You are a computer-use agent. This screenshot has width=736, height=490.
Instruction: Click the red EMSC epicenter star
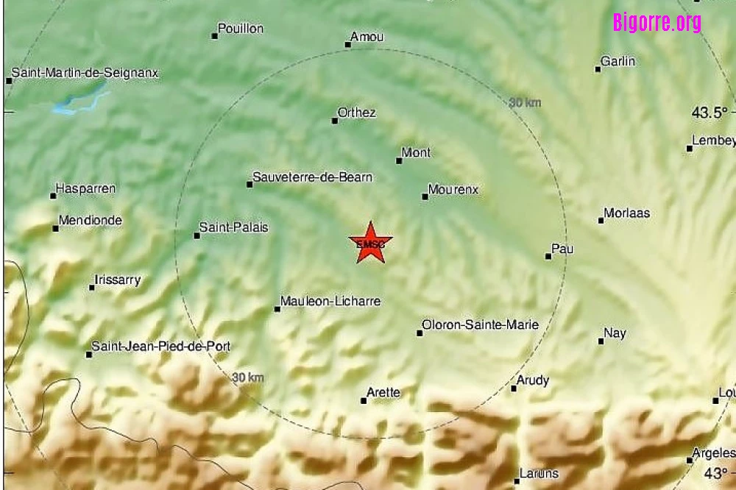pos(370,243)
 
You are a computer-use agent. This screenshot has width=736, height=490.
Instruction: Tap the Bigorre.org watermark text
pos(657,23)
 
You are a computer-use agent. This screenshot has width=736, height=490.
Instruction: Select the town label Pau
pos(562,249)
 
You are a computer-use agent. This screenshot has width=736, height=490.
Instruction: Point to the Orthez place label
pos(356,113)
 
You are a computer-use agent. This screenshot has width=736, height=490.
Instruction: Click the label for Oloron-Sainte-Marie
pos(480,324)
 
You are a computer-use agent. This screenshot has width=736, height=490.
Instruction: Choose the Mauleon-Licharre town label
pos(331,301)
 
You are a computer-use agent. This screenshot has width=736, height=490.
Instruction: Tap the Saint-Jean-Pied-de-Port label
pos(160,347)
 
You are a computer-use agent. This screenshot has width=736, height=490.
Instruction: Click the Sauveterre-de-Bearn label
pos(312,177)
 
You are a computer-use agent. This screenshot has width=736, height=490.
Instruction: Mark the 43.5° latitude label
pos(710,113)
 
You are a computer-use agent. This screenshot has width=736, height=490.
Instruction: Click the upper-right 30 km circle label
pos(525,103)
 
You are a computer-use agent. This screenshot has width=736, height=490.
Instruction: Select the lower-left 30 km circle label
pos(248,377)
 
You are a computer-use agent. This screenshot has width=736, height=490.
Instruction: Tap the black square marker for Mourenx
pos(425,196)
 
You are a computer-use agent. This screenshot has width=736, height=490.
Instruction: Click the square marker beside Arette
pos(364,400)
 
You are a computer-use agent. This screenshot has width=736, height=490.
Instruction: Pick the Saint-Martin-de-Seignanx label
pos(85,74)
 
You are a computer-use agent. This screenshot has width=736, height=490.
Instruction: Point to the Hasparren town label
pos(86,189)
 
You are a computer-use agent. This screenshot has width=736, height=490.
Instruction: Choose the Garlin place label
pos(618,62)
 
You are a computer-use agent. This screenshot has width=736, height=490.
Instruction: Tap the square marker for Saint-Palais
pos(197,235)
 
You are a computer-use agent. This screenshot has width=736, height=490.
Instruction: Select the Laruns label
pos(539,473)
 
